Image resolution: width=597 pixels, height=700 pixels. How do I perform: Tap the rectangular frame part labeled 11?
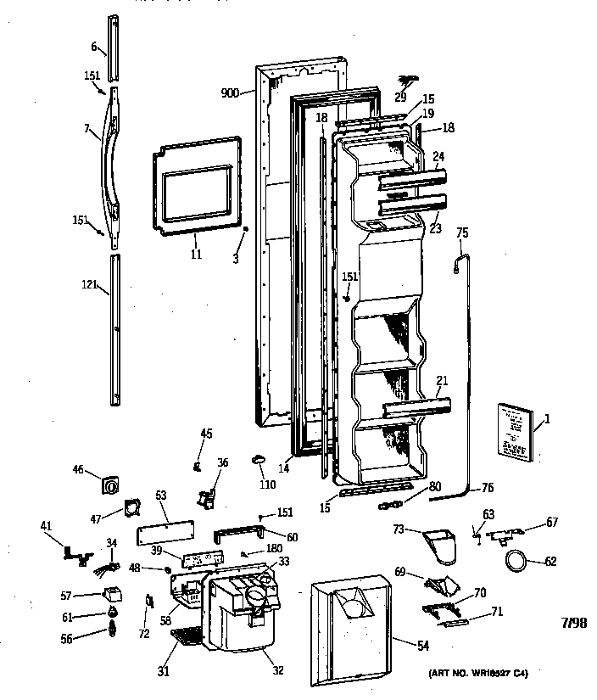coord(192,187)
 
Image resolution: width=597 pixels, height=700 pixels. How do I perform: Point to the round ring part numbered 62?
coord(515,560)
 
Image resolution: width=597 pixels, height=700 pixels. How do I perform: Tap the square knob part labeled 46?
coord(110,487)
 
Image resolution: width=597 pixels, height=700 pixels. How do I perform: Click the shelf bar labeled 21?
coord(415,411)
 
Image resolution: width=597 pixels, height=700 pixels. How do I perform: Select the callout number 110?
coord(268,484)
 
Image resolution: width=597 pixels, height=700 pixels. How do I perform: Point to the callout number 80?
coord(410,486)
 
